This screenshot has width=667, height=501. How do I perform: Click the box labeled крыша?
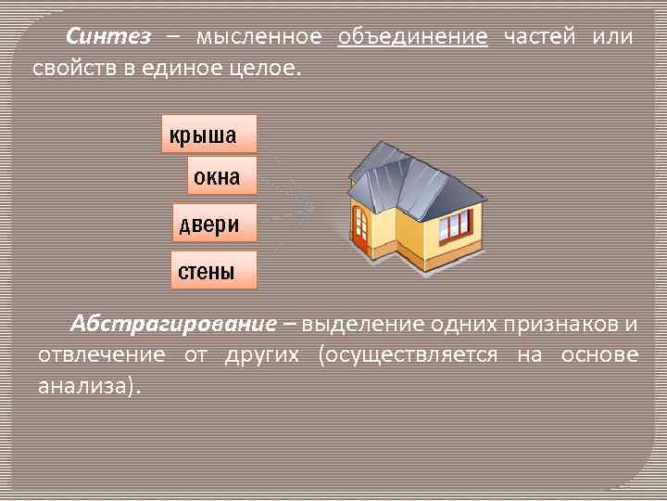[208, 135]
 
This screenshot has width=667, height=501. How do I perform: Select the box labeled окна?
[221, 175]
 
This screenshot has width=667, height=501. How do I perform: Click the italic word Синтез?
[107, 37]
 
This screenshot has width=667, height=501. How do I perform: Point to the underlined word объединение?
[412, 37]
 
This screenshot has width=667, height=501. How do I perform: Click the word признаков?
[560, 325]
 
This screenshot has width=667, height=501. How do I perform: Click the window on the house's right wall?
[454, 224]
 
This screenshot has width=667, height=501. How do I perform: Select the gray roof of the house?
[408, 176]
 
